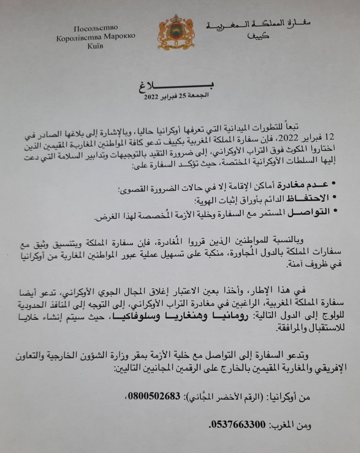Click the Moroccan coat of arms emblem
176,32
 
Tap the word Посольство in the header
96,28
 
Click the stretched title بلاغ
175,86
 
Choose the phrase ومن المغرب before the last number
291,425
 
